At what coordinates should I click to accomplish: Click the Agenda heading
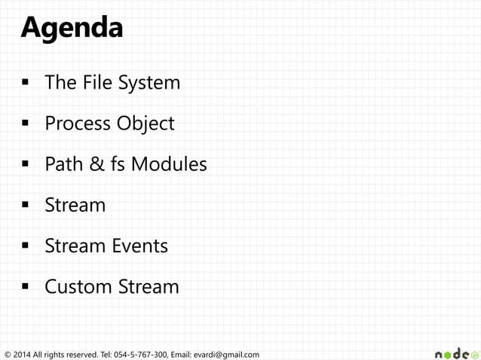point(71,28)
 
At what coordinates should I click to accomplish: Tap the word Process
point(78,123)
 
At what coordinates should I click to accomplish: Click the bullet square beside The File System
point(25,83)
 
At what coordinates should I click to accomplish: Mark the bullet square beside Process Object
point(25,124)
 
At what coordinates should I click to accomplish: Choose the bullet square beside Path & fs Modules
point(25,164)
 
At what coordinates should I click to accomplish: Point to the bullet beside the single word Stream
point(25,205)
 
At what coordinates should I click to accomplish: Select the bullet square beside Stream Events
point(25,246)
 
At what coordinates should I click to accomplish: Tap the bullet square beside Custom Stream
point(25,287)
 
